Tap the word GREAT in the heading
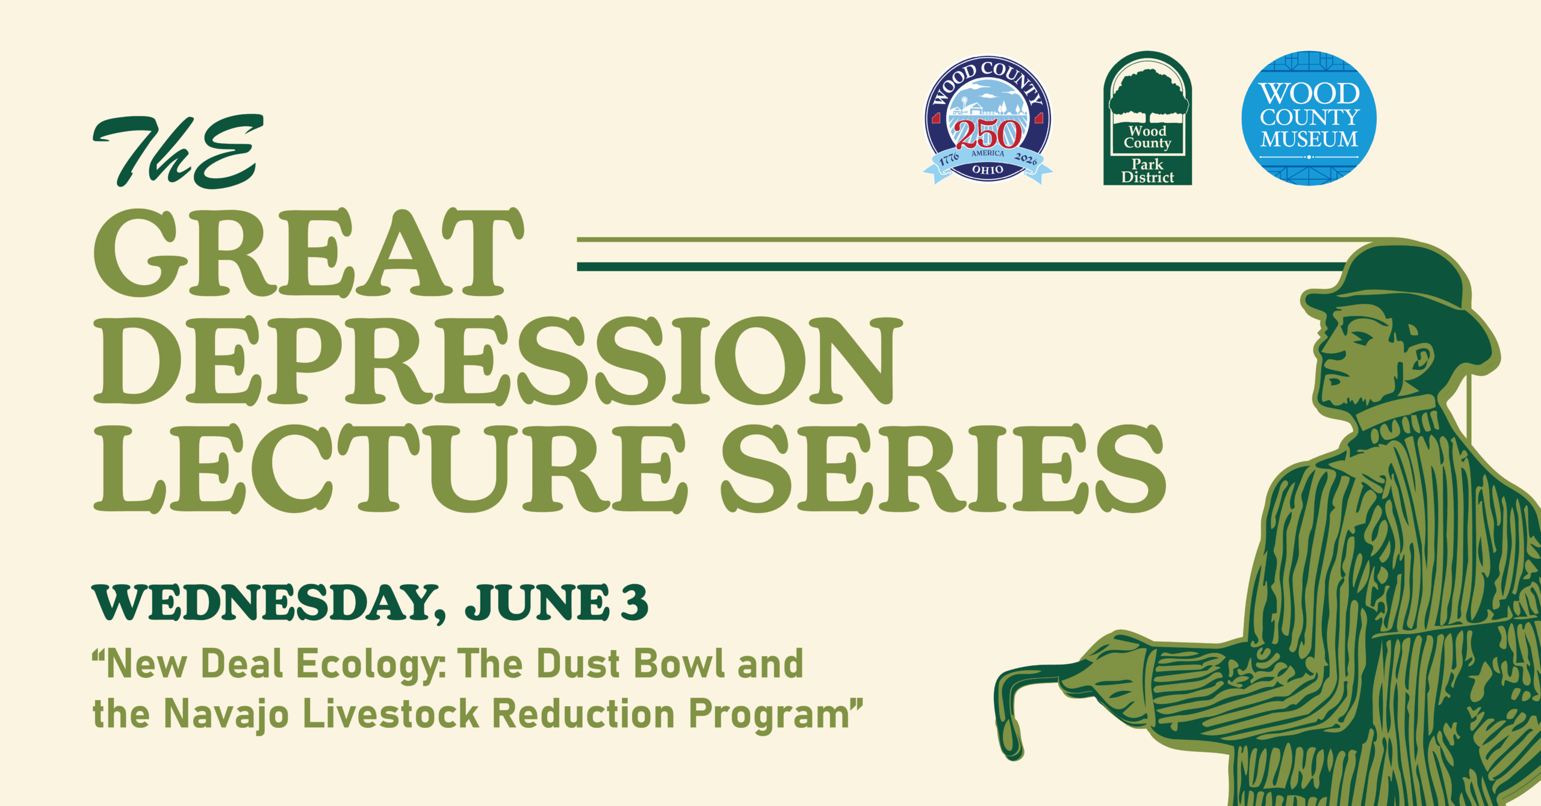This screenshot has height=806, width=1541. tap(309, 253)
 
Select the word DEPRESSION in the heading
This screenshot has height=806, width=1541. tap(498, 361)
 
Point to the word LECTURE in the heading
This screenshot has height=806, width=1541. tap(391, 469)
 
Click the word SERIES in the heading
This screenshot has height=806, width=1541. tap(944, 469)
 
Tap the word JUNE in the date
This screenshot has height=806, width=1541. tap(538, 602)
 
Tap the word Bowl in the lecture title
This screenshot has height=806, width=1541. tap(680, 663)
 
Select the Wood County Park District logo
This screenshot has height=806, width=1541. tap(1147, 118)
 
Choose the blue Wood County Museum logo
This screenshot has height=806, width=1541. tap(1309, 118)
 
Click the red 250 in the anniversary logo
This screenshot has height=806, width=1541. tap(988, 134)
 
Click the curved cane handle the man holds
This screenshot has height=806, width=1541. tap(1023, 704)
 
